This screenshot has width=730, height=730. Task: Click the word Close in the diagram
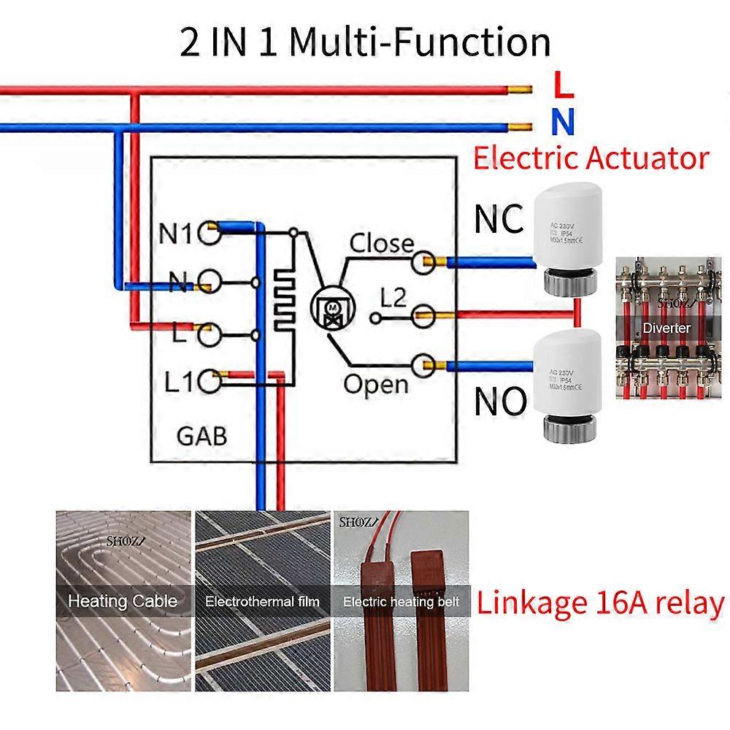point(381,243)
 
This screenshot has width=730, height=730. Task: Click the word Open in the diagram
point(376,384)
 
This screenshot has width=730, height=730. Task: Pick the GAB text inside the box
point(202,436)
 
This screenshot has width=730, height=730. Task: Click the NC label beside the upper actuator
point(499,218)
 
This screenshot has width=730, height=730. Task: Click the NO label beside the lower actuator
point(500,400)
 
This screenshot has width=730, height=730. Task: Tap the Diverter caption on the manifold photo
point(665,328)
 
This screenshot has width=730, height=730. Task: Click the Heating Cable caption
point(123,602)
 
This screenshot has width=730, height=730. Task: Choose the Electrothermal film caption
point(262,602)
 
